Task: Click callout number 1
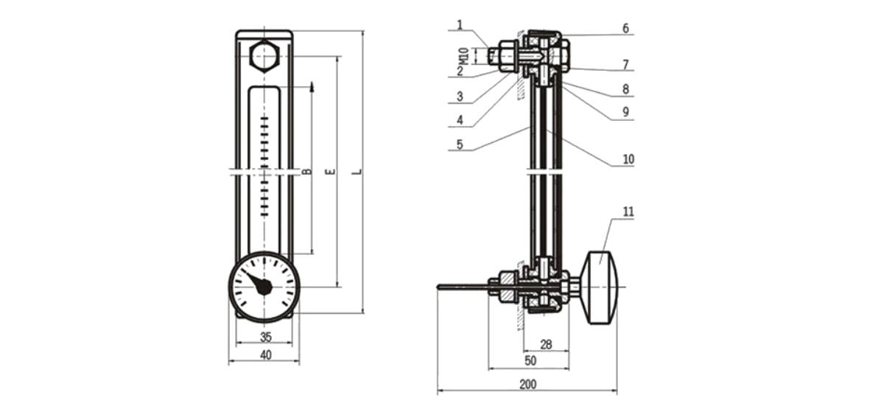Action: [x=460, y=25]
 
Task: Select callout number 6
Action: [x=625, y=29]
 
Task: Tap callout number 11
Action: [x=628, y=212]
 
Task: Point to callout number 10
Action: [x=628, y=159]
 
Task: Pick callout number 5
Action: [x=460, y=144]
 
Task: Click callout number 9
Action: [x=625, y=112]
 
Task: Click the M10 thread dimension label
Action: [x=465, y=56]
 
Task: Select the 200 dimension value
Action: [x=528, y=384]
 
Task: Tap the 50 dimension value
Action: [x=530, y=360]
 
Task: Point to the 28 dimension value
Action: [x=546, y=345]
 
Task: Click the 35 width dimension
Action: [x=266, y=338]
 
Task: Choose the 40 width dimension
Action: [x=266, y=355]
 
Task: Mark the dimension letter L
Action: [x=359, y=172]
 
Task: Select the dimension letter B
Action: [x=306, y=172]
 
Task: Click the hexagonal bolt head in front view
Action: [x=264, y=56]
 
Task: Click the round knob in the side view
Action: [x=602, y=287]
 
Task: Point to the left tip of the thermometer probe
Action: [x=438, y=287]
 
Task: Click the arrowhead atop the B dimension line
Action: [x=312, y=86]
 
